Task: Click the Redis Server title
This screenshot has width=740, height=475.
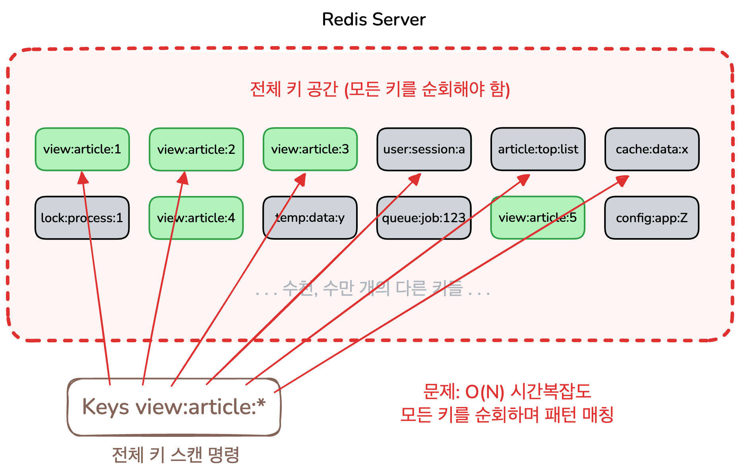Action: pos(374,19)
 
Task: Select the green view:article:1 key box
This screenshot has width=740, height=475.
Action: pos(82,149)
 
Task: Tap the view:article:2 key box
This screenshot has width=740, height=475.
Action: pos(196,149)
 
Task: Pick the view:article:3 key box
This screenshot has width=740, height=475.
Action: pos(310,149)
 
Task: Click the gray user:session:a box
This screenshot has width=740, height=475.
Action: pos(424,149)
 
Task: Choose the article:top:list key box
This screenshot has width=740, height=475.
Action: pos(538,149)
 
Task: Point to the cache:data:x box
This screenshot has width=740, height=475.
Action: pos(652,149)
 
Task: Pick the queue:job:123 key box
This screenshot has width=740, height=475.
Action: pos(424,218)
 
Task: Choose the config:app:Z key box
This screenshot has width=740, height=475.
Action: pos(652,218)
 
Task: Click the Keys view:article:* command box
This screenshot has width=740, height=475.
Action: pos(174,407)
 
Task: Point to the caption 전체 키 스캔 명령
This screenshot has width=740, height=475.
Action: pos(176,455)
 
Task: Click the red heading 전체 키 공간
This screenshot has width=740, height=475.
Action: pos(294,89)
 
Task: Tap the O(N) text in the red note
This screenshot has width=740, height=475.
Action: pos(484,392)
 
